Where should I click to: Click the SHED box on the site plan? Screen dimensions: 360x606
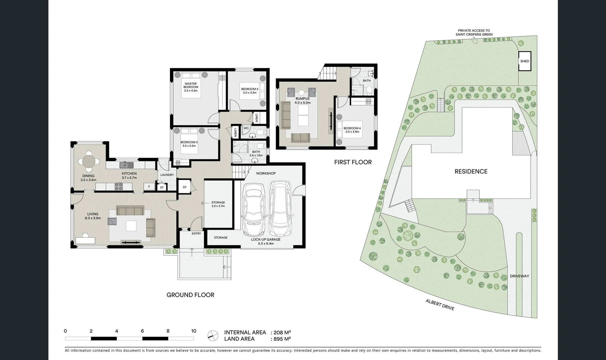click(525, 61)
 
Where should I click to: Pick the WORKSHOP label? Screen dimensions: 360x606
click(266, 173)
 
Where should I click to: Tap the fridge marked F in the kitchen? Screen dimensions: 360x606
click(149, 187)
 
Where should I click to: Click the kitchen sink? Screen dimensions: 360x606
click(126, 164)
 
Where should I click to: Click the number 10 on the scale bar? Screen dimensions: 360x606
click(194, 331)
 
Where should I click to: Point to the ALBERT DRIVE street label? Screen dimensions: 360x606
click(440, 305)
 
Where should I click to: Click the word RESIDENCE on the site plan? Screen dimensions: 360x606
click(471, 171)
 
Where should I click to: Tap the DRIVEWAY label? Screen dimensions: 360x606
click(519, 276)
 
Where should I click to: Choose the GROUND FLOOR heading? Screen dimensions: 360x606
click(190, 295)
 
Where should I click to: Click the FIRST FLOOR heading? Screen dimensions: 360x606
click(353, 162)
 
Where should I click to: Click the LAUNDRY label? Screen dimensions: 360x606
click(167, 175)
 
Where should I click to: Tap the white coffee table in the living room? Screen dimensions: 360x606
click(131, 226)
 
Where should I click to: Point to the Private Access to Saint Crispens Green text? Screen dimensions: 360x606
click(474, 32)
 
